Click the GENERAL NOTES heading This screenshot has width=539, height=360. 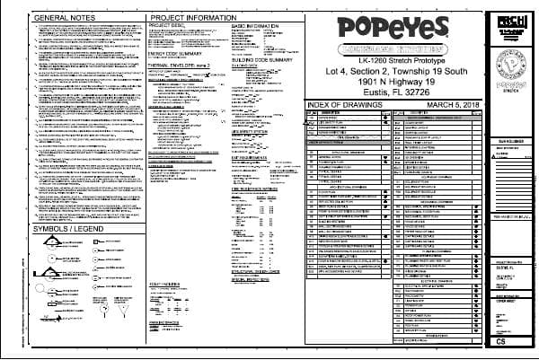click(x=54, y=18)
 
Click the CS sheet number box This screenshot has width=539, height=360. click(x=509, y=342)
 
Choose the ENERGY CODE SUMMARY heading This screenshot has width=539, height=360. click(x=174, y=53)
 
